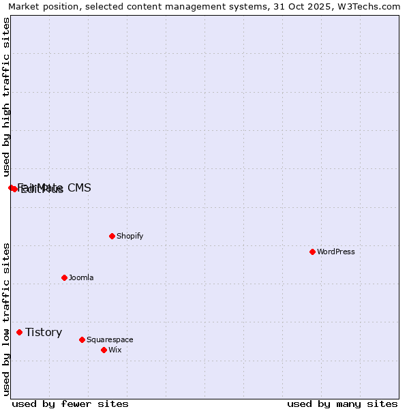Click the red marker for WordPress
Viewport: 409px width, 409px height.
(313, 252)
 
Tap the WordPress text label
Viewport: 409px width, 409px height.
(336, 252)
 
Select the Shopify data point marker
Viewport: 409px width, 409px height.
(112, 236)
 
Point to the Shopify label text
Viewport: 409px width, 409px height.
(130, 236)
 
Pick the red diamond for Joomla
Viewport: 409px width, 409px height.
(65, 277)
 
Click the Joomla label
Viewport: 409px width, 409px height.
(81, 277)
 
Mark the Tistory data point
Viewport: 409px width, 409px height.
(20, 333)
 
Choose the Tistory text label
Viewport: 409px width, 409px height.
(44, 333)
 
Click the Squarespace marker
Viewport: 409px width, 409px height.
(82, 339)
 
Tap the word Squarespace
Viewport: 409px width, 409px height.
(110, 339)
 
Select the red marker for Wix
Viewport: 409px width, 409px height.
(104, 350)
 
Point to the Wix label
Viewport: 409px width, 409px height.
(115, 350)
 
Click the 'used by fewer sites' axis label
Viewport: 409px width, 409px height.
(70, 404)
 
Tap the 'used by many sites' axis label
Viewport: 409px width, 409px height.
(342, 404)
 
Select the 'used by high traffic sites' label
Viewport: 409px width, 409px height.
(6, 97)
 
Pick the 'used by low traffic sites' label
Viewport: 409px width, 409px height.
(6, 319)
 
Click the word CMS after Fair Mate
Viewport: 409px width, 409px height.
(79, 187)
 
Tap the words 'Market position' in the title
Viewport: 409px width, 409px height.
(40, 6)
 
